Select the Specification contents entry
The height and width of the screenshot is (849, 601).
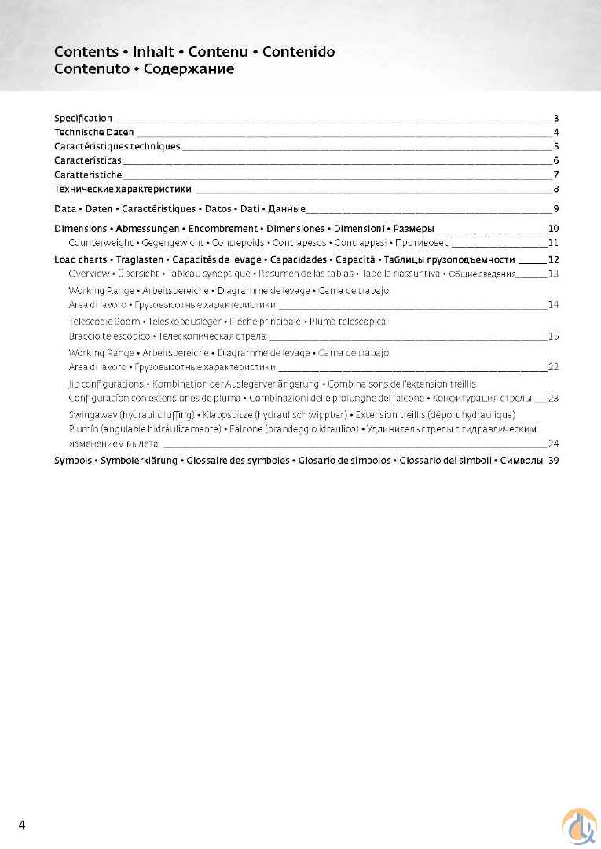(x=82, y=118)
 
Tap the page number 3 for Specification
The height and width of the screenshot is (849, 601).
(x=555, y=118)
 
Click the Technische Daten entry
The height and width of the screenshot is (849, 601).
(x=93, y=132)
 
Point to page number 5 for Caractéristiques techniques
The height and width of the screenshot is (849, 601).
(x=555, y=146)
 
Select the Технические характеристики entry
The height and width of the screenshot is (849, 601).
(x=123, y=189)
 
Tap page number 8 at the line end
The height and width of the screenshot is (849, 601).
(x=555, y=189)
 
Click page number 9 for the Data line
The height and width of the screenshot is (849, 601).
(x=555, y=209)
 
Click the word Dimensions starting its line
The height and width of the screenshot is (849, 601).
(x=79, y=229)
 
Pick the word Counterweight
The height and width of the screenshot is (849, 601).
(x=100, y=243)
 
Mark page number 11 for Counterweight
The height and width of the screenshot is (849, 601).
(x=553, y=243)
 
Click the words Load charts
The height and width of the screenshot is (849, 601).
(x=79, y=259)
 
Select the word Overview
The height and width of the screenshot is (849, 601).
(x=89, y=274)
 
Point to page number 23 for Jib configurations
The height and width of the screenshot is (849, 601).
(x=553, y=398)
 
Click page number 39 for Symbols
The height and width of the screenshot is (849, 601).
(x=553, y=460)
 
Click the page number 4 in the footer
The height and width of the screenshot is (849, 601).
(x=22, y=825)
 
